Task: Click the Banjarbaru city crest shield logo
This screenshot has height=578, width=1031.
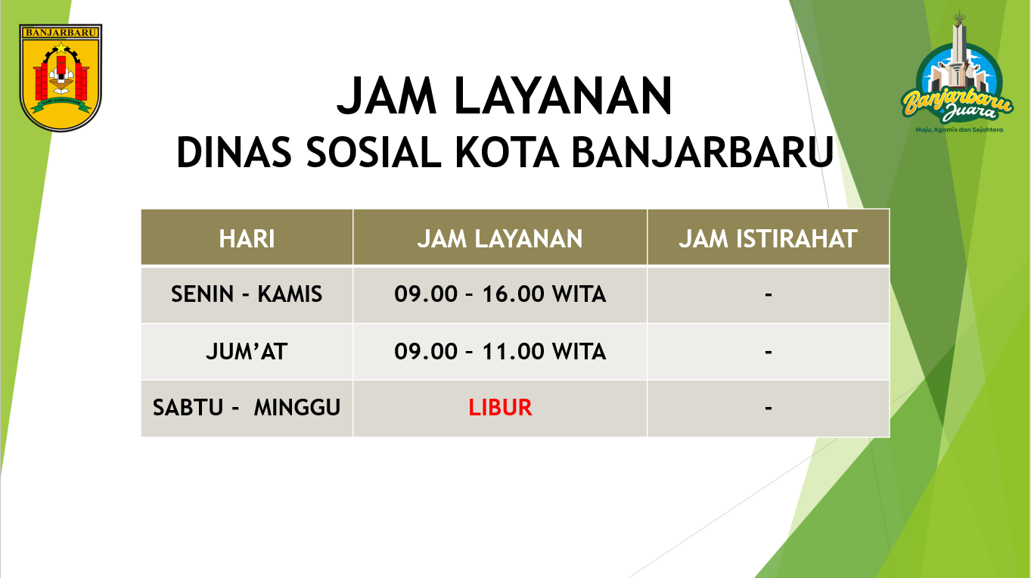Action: point(61,77)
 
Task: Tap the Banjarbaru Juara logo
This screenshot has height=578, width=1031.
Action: point(958,73)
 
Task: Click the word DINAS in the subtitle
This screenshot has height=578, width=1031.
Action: point(234,152)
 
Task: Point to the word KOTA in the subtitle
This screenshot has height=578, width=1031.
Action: point(507,152)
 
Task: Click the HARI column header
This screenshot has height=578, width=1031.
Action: point(247,239)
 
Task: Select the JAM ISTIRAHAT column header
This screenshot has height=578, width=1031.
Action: point(769,239)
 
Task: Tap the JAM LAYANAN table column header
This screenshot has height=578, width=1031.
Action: point(500,239)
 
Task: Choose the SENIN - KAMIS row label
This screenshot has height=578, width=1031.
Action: point(247,294)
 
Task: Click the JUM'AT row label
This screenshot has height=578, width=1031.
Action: point(247,351)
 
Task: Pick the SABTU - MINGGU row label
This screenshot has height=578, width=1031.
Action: point(247,408)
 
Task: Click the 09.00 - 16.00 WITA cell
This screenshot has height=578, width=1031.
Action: point(500,294)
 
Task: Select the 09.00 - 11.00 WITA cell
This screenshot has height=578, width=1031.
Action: point(500,351)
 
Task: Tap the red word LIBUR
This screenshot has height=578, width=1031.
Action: point(500,408)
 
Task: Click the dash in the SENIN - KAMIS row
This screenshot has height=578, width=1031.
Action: point(769,294)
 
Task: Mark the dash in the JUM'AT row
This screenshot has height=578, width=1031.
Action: point(769,352)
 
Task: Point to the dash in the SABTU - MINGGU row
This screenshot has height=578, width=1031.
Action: point(769,409)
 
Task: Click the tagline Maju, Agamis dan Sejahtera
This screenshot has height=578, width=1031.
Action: point(959,130)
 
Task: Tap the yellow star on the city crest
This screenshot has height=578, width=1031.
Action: point(61,47)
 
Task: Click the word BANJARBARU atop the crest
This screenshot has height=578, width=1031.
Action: point(61,33)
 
